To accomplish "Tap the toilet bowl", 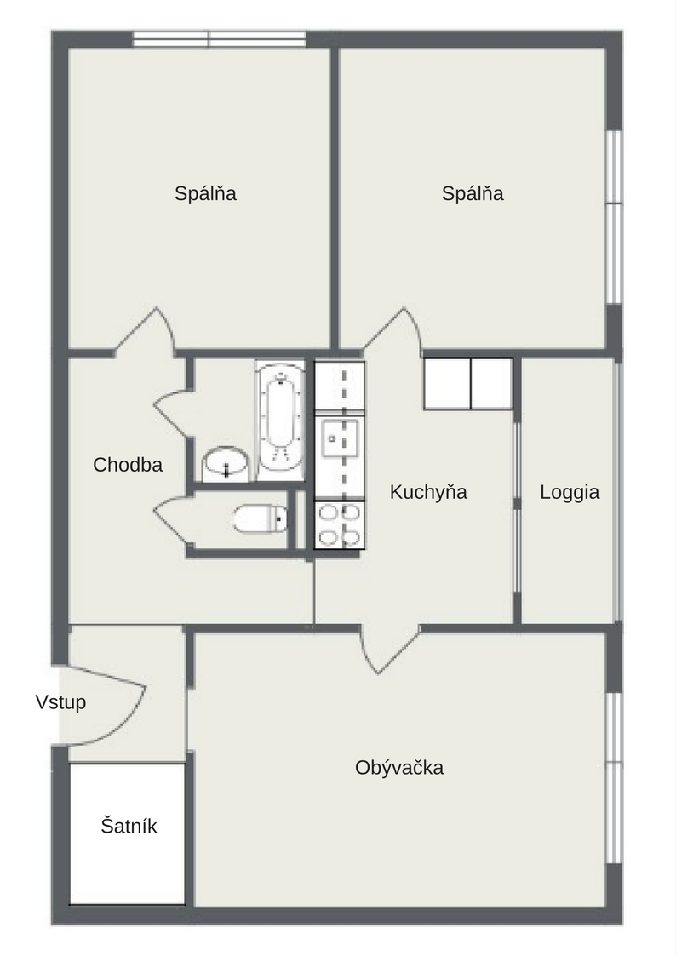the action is [261, 518].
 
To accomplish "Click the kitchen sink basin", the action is [340, 438].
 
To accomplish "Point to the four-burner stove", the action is [340, 524].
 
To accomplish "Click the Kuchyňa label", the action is [428, 492].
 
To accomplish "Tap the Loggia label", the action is [570, 492].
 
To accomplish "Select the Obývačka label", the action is [399, 767].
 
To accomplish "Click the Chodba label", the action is [128, 465].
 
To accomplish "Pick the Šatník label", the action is [129, 826].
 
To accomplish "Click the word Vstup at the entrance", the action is [60, 701].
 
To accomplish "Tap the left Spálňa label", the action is [205, 193].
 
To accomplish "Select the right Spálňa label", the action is [473, 193].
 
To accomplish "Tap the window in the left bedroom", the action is [220, 40].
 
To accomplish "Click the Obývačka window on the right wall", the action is [614, 777].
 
